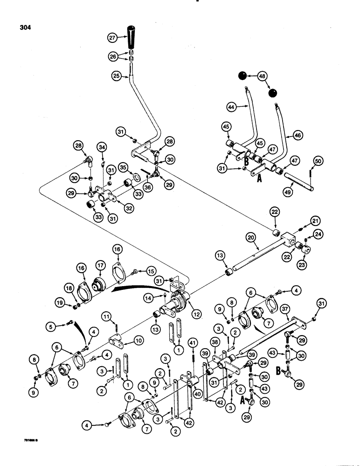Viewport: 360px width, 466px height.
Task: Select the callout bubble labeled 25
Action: click(x=116, y=75)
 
